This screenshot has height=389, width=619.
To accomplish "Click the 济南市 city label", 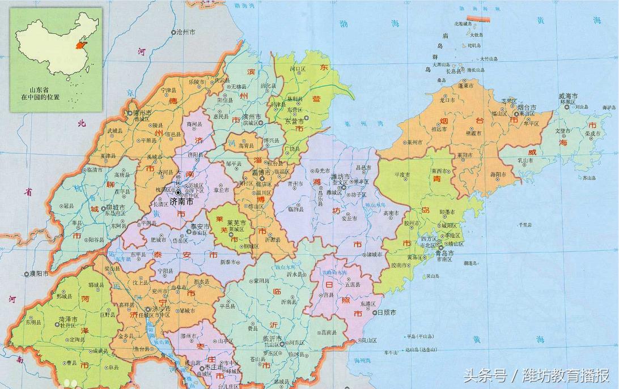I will coord(181,201).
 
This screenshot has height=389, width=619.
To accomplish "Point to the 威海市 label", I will coord(568,96).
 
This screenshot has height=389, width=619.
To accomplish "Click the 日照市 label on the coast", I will coord(387,313).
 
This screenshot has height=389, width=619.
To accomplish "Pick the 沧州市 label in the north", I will coord(186,33).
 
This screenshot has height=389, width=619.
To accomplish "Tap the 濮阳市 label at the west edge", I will coord(38,274).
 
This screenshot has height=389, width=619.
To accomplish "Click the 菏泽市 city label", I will coord(68,319).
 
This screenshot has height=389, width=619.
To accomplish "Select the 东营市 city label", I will coord(294,120).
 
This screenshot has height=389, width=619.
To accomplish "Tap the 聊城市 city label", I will coord(114,207).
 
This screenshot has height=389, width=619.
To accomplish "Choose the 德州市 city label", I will coord(141,113).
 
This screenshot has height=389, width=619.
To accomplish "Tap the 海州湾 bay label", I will coord(362,360).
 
